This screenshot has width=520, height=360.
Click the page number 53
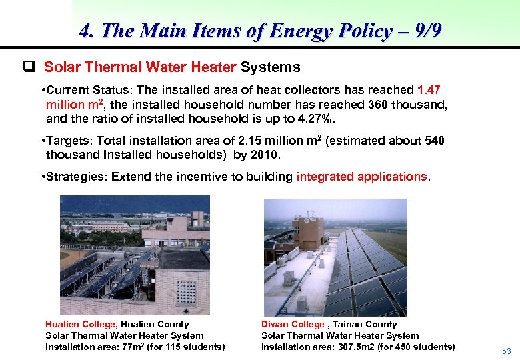506,351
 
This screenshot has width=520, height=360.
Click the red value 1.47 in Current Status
429,90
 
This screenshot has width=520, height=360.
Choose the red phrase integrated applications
361,177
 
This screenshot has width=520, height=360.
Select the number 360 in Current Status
378,105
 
